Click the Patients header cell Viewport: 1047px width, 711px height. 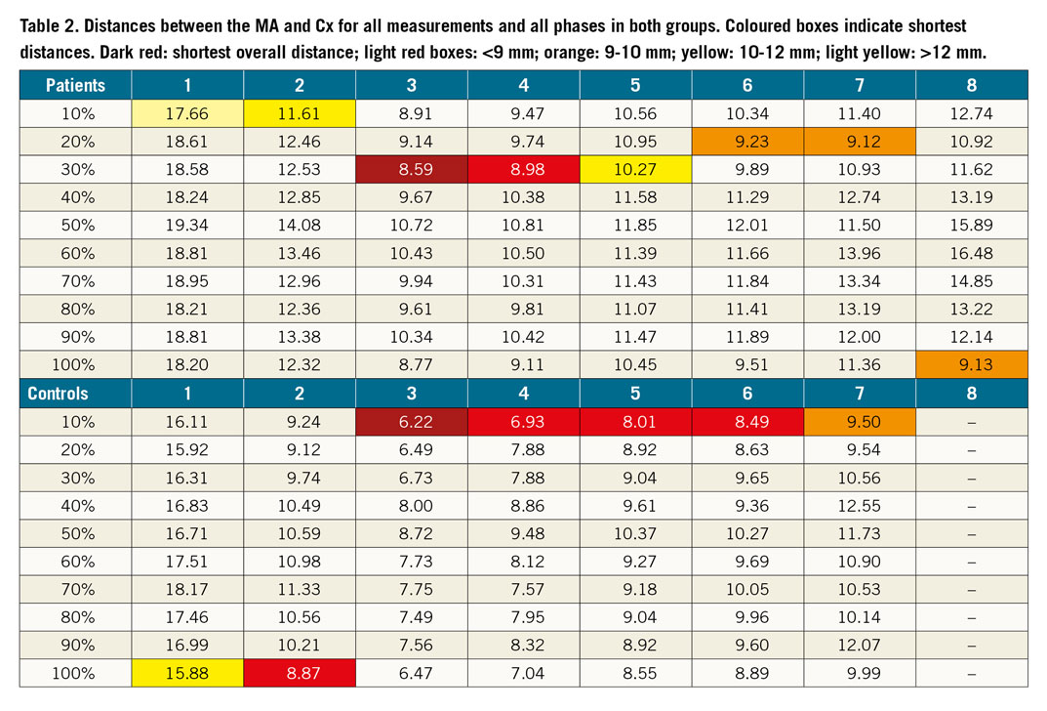point(75,85)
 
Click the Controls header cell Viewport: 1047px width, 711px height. point(75,394)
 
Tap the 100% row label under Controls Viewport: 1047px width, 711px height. point(75,673)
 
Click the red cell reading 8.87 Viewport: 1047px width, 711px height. point(299,673)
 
